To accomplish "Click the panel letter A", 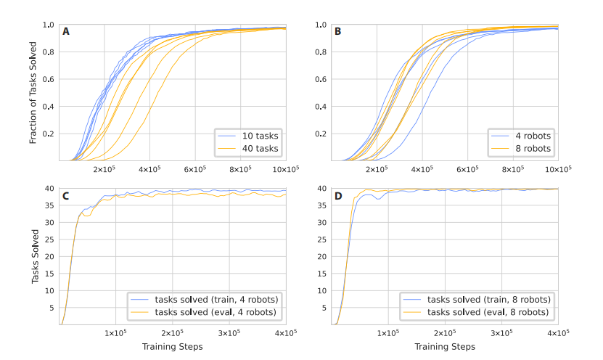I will tap(67, 32).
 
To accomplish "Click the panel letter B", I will tap(338, 32).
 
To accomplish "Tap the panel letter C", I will tap(67, 195).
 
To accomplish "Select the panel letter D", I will tap(338, 195).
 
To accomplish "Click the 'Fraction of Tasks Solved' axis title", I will tap(33, 92).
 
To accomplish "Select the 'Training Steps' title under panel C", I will tap(173, 346).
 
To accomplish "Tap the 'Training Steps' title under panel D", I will tap(444, 346).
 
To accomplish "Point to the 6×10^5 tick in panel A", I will tap(195, 169).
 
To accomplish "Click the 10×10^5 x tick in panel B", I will tap(557, 169).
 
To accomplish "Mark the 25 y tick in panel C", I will tap(50, 240).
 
